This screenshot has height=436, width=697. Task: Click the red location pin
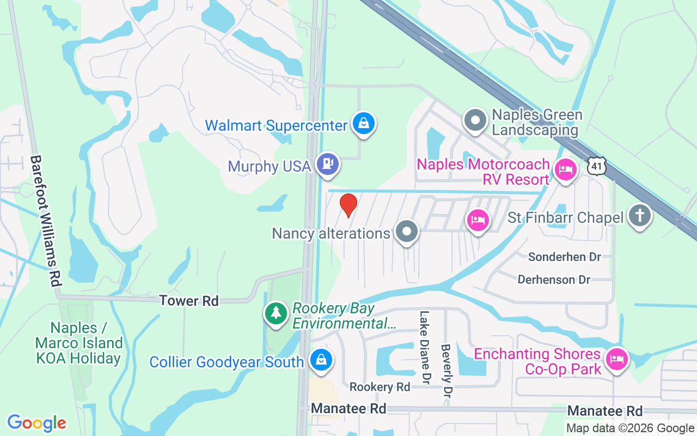(348, 205)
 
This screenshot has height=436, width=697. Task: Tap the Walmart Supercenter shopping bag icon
(363, 123)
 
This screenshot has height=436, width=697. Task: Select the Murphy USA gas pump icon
(327, 163)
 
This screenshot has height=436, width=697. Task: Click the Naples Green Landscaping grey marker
(475, 120)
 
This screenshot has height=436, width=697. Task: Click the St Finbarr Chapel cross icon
(639, 216)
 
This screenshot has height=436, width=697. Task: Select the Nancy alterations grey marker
(406, 232)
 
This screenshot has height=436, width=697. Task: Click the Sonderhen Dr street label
(564, 257)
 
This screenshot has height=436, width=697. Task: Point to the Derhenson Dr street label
(554, 280)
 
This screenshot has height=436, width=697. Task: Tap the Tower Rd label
(189, 300)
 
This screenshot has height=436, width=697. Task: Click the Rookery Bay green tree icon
(277, 313)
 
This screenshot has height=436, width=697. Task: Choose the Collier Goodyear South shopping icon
(321, 360)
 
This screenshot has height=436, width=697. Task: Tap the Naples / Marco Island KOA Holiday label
(78, 343)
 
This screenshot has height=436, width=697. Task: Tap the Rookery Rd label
(380, 387)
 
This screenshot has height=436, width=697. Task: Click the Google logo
(37, 423)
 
